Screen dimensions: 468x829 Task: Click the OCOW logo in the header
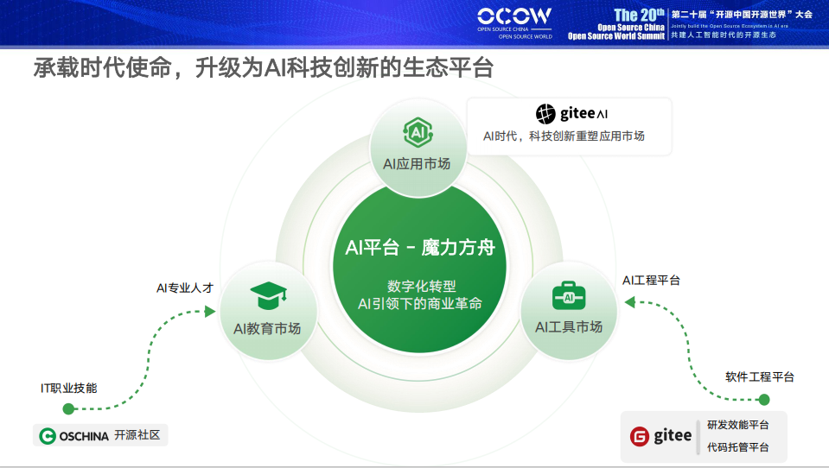514,18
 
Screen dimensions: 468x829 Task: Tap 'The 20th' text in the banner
639,15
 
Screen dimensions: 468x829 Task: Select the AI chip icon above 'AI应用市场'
417,133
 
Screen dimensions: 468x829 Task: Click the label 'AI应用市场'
417,164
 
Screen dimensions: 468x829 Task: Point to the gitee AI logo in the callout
571,113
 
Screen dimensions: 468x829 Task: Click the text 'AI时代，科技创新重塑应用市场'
564,136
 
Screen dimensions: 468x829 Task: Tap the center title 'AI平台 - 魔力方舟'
420,248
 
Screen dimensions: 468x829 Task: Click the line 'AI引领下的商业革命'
420,304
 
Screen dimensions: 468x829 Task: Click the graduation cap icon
266,296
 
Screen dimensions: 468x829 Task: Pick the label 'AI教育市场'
267,329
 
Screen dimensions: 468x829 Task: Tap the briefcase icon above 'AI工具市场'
569,295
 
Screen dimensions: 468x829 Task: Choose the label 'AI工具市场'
569,326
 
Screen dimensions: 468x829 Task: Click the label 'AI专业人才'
184,288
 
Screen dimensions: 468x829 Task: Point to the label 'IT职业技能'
69,388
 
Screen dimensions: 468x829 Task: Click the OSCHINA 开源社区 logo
100,435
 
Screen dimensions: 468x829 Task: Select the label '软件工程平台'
759,376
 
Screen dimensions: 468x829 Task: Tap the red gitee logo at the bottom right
661,436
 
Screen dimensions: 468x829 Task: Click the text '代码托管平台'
737,447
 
